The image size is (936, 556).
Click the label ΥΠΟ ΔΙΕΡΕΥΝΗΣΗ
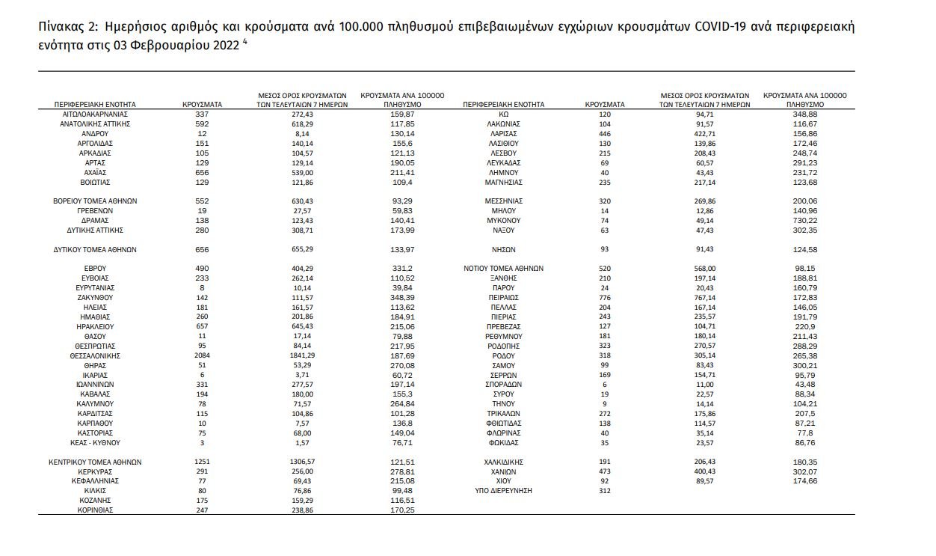point(502,491)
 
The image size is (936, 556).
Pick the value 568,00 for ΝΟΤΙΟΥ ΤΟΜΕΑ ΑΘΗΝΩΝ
point(704,268)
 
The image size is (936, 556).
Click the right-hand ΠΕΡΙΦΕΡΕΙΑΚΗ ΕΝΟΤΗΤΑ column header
point(504,105)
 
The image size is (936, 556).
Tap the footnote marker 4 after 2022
point(245,40)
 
